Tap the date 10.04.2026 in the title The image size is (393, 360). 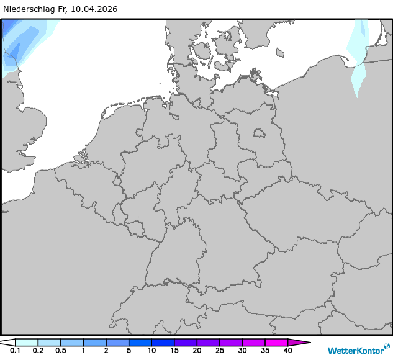[x=94, y=9]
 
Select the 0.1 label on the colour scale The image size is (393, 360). [x=15, y=351]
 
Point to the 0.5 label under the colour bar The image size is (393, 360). [x=60, y=351]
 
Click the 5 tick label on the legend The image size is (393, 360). [x=129, y=351]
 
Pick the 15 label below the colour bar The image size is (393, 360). [x=174, y=351]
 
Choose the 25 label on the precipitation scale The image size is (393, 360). [x=219, y=351]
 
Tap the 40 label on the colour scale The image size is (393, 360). [x=287, y=351]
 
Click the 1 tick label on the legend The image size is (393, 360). [x=83, y=351]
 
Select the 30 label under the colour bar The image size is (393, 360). [x=242, y=351]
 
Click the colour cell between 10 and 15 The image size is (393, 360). [x=163, y=342]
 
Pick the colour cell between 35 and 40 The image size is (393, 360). [x=276, y=342]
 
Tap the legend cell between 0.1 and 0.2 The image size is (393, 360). [x=27, y=342]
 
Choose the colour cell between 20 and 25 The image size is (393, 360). [x=208, y=342]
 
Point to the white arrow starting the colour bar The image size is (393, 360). [x=7, y=342]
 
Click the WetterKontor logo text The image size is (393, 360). [x=355, y=350]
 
